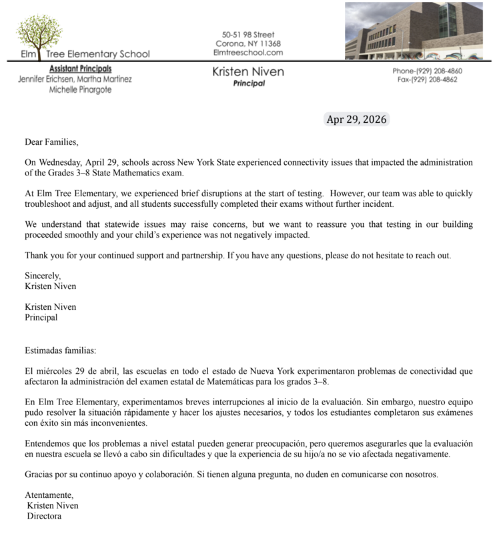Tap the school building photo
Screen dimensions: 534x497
(414, 30)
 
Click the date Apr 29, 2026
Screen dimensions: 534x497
(355, 120)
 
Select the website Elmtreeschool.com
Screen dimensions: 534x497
(248, 53)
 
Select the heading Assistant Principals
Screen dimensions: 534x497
(81, 69)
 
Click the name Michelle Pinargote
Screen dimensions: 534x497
(81, 89)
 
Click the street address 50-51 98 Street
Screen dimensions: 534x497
(248, 35)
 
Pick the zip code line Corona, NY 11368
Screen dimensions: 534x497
(248, 43)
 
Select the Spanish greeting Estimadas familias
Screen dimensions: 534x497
(60, 350)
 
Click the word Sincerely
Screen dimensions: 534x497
(43, 276)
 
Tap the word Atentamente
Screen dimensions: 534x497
(49, 495)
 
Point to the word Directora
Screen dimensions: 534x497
(44, 516)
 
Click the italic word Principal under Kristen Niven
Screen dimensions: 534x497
(249, 84)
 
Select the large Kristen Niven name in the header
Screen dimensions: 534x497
(248, 71)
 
